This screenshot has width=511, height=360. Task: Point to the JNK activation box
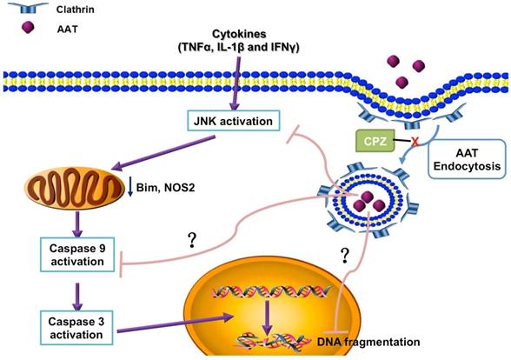click(x=236, y=120)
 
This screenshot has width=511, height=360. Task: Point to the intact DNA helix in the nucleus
click(x=266, y=298)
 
